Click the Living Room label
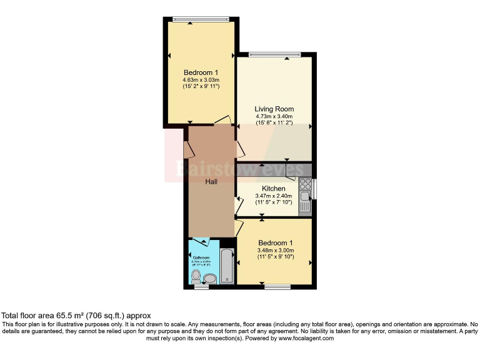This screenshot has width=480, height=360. click(x=274, y=109)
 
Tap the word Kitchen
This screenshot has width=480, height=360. click(x=274, y=188)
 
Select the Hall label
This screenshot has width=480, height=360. click(x=212, y=181)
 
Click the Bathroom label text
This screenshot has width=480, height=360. click(x=201, y=257)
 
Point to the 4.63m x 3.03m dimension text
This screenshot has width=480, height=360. click(x=201, y=80)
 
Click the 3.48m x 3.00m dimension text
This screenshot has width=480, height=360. click(x=275, y=250)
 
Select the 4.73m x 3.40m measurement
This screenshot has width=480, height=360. click(x=274, y=116)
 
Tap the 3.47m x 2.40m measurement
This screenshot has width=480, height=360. click(x=274, y=196)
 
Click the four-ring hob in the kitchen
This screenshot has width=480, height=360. click(x=306, y=184)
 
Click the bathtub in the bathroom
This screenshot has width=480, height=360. click(x=227, y=266)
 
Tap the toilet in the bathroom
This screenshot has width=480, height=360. click(x=196, y=276)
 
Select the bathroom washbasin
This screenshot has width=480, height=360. click(x=210, y=277)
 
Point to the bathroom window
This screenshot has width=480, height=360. click(x=201, y=287)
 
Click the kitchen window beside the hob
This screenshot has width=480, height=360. click(x=314, y=189)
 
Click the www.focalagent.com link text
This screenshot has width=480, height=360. click(x=307, y=338)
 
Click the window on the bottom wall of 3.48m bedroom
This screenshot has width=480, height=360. click(x=277, y=287)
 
